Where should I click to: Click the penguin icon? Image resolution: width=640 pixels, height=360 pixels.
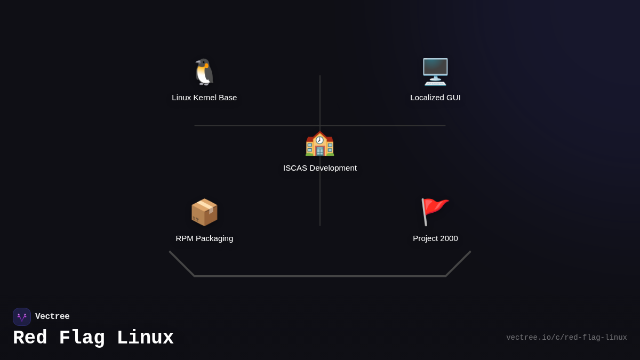click(x=204, y=72)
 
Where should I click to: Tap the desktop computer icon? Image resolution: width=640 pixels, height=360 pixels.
click(x=435, y=72)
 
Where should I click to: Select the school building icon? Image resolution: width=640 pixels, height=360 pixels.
click(x=320, y=143)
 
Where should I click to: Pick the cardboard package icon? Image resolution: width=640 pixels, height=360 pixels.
click(x=204, y=212)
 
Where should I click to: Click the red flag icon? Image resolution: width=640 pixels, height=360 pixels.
click(x=435, y=212)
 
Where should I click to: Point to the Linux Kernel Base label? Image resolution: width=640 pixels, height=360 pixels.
click(x=204, y=98)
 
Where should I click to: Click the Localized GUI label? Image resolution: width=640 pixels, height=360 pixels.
click(x=435, y=98)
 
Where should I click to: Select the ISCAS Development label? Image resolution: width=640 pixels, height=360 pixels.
click(x=320, y=168)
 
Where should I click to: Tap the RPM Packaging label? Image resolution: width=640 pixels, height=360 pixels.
click(x=204, y=238)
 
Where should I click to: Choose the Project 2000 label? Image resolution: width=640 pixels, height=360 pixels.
click(x=435, y=238)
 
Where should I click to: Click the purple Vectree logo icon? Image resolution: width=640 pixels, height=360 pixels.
click(x=22, y=317)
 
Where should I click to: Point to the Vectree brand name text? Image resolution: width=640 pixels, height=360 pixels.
click(x=52, y=317)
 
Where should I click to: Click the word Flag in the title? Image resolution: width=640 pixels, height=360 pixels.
click(x=82, y=338)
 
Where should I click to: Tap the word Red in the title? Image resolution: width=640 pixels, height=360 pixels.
click(x=30, y=338)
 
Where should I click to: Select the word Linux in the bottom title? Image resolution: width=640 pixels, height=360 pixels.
click(x=145, y=338)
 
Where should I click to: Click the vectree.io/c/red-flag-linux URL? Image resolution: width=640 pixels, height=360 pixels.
click(x=566, y=338)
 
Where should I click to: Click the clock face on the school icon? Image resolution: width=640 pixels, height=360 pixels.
click(x=319, y=140)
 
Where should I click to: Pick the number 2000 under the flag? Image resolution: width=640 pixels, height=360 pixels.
click(x=447, y=238)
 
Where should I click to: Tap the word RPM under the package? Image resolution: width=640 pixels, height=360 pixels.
click(x=185, y=238)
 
